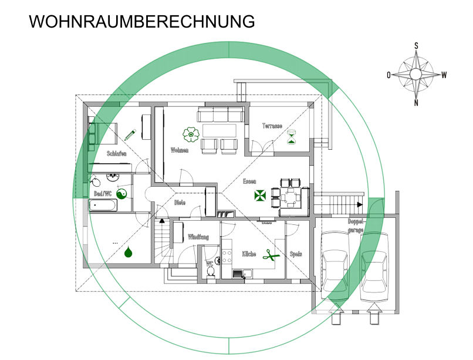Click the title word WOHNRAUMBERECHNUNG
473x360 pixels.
coord(142,22)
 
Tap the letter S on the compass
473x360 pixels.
coord(416,45)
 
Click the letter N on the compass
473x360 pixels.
coord(416,103)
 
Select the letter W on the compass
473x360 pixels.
coord(444,75)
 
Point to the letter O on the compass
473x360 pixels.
coord(388,75)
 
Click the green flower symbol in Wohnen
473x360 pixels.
coord(190,135)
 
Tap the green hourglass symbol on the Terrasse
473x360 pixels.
coord(292,137)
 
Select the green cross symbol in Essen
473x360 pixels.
coord(259,196)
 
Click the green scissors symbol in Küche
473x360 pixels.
coord(271,254)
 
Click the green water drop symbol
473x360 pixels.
coord(129,253)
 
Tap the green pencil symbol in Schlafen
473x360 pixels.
coord(130,134)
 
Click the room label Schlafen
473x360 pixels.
coord(116,153)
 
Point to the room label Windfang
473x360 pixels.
coord(198,237)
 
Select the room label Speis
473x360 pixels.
coord(296,254)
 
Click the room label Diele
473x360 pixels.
coord(180,203)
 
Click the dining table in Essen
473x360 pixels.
coord(290,195)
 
